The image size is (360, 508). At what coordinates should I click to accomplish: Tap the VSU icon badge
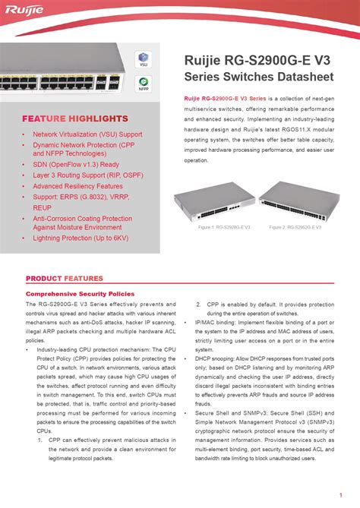coord(142,59)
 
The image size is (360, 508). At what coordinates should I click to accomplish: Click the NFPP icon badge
coord(142,84)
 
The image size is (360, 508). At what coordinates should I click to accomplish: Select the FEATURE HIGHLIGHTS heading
coord(74,119)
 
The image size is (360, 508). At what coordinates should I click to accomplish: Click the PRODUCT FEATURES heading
coord(65,279)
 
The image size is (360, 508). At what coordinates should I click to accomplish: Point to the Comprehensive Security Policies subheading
coord(80,293)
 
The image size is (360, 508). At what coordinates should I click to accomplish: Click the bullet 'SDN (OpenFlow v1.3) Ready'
coord(75,164)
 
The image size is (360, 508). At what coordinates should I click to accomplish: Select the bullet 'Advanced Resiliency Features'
coord(77,186)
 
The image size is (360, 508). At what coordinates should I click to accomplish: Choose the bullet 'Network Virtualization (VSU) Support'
coord(87,134)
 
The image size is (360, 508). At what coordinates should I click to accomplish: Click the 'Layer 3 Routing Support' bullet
coord(88,175)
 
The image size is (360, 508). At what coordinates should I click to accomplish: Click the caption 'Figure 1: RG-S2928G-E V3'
coord(225,227)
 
